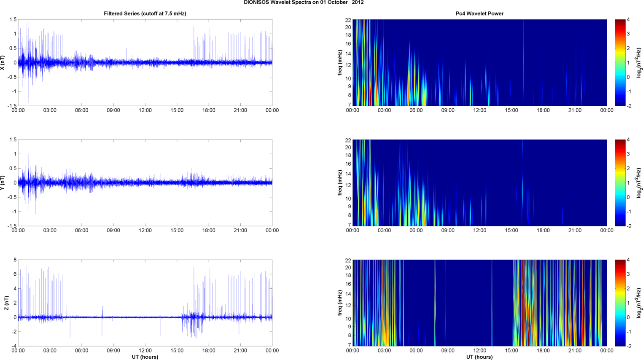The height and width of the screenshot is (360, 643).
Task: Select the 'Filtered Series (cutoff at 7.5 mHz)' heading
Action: [x=145, y=13]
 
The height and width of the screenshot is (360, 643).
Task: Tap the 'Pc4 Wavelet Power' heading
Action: [x=479, y=13]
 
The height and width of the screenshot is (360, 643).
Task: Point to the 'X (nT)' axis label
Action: [x=3, y=62]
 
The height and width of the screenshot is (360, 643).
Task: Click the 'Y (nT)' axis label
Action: [x=3, y=183]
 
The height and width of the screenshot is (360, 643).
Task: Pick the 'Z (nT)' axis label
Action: [x=6, y=303]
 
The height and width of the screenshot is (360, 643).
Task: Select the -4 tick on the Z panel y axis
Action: [x=13, y=346]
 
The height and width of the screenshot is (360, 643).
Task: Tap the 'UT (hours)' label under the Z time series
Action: [x=145, y=357]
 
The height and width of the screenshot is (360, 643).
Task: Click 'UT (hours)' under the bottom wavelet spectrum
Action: [x=479, y=357]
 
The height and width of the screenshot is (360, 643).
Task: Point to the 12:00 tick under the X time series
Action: [x=145, y=110]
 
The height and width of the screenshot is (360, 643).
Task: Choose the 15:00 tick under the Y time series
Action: [x=177, y=231]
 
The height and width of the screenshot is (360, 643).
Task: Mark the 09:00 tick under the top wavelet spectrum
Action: [x=448, y=110]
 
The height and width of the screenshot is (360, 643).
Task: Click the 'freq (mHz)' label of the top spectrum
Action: [x=340, y=62]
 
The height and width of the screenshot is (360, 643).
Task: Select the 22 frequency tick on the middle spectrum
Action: [x=348, y=140]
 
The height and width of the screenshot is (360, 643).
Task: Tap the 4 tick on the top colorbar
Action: [x=628, y=20]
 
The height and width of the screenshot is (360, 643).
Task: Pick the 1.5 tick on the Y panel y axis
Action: [x=13, y=140]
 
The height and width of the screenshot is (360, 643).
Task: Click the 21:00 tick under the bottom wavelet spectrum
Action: [x=575, y=351]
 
